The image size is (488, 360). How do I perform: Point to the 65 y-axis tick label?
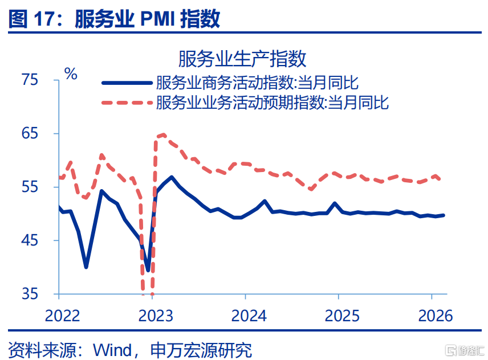pos(30,133)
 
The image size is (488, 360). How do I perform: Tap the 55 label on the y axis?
pos(30,187)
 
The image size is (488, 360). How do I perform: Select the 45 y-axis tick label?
pos(30,240)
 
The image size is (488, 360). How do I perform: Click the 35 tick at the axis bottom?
pos(30,294)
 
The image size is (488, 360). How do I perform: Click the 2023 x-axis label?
pos(153,316)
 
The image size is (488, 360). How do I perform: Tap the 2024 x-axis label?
pos(246,316)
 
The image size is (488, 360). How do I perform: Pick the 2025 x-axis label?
pos(339,316)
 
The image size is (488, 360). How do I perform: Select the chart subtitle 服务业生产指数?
pos(243,58)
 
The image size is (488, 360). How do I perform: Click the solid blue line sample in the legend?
pos(127,83)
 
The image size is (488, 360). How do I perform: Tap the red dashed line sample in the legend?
pos(127,103)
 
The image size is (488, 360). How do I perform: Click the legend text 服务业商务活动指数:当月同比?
pos(257,83)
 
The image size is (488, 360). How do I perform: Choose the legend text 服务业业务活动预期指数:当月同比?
pos(272,103)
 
